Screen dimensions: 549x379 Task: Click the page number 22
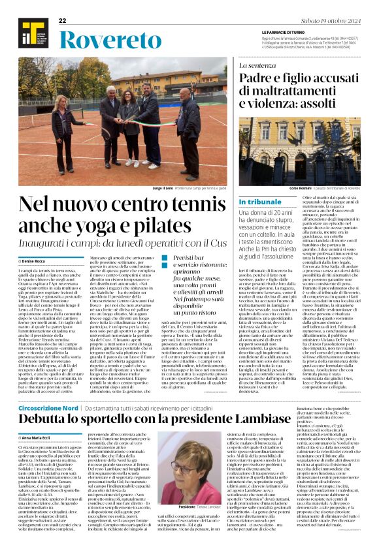point(63,21)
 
